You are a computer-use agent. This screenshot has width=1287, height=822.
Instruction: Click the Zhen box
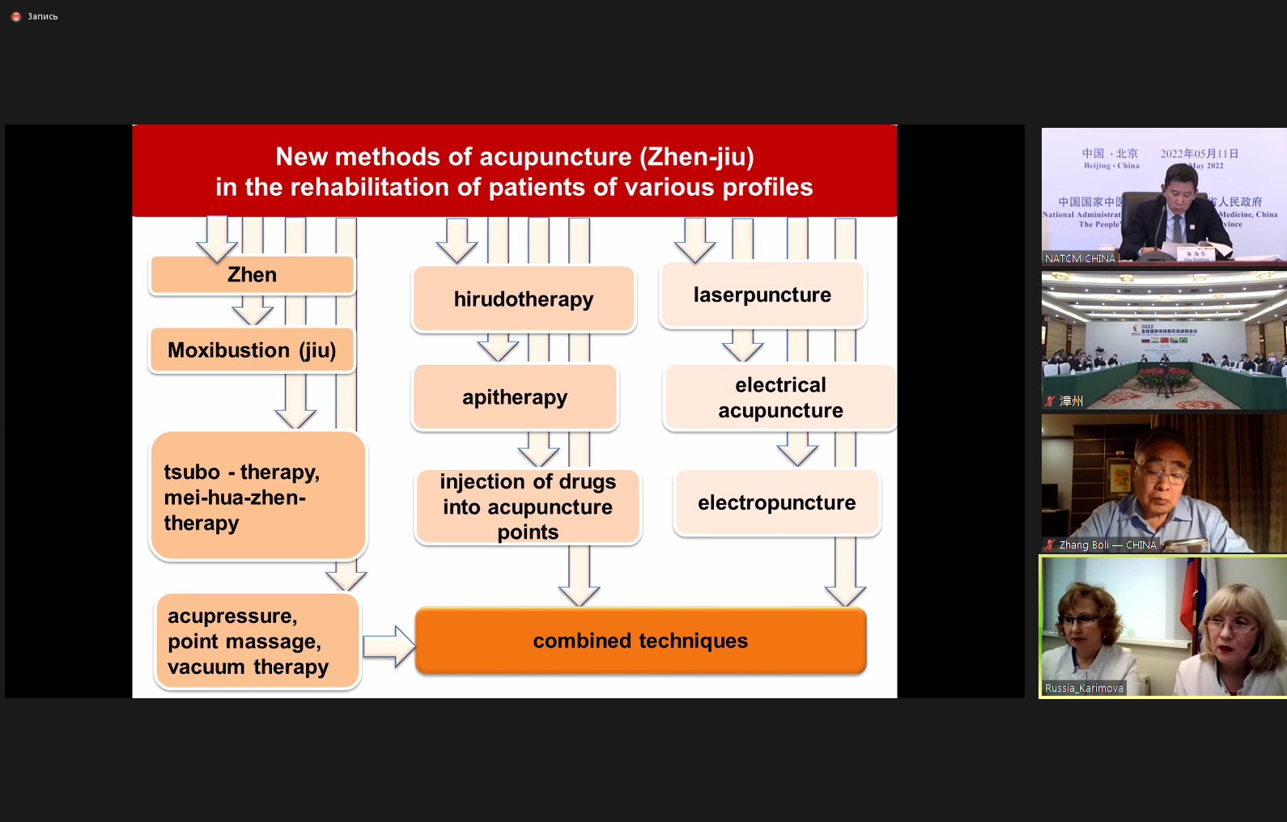click(x=252, y=275)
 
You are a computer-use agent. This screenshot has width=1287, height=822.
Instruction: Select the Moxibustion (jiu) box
click(x=252, y=350)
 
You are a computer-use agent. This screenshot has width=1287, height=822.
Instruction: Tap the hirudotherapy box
click(x=524, y=299)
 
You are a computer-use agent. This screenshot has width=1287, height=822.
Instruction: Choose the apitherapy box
click(x=515, y=397)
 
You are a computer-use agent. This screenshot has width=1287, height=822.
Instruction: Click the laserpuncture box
click(x=762, y=295)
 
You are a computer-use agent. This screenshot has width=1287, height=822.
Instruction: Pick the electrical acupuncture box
click(x=780, y=398)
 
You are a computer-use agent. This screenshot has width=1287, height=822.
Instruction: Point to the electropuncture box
click(x=776, y=503)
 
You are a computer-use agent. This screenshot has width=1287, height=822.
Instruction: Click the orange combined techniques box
click(x=640, y=641)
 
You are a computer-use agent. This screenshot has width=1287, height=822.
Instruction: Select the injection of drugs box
click(x=528, y=507)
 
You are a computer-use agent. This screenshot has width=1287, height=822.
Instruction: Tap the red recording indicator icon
click(x=16, y=16)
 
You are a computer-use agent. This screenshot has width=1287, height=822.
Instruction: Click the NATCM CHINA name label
click(x=1080, y=259)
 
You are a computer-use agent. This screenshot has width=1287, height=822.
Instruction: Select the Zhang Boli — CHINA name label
click(x=1107, y=545)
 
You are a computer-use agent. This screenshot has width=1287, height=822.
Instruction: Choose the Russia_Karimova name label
click(x=1084, y=689)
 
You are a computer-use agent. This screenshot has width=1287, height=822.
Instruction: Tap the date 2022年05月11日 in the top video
click(x=1199, y=154)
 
